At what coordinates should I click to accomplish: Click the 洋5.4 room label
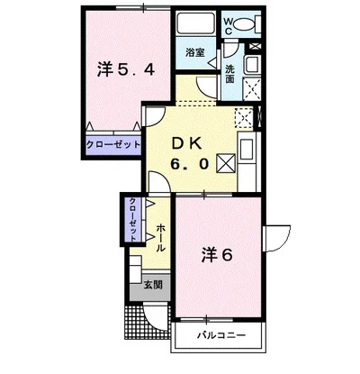click(126, 70)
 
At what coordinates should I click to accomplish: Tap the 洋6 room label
click(217, 255)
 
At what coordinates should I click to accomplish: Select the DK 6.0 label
click(189, 154)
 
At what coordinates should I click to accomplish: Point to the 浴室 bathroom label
click(195, 52)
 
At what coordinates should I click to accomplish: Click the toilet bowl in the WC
click(243, 23)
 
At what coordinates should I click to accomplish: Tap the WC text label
click(229, 26)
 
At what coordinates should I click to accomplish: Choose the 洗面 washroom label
click(230, 74)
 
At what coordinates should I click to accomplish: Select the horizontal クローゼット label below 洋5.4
click(113, 145)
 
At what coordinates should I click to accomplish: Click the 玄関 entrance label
click(153, 285)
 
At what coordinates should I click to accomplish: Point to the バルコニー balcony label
click(221, 334)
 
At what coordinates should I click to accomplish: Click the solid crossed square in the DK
click(226, 163)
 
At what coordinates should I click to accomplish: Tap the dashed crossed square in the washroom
click(251, 89)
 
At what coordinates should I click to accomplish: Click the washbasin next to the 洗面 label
click(252, 64)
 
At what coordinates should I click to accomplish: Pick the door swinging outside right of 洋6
click(276, 239)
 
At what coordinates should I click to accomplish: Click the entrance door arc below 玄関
click(155, 315)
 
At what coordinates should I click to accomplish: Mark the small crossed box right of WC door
click(256, 46)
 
